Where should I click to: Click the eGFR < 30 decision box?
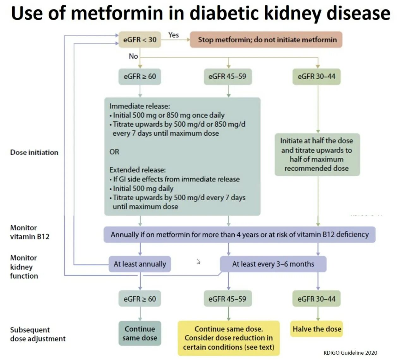[140, 40]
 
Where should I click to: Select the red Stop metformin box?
[266, 40]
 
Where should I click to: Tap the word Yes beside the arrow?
[173, 35]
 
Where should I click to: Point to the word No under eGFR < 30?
[133, 56]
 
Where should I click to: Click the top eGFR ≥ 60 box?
[140, 76]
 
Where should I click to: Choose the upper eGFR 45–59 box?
[227, 76]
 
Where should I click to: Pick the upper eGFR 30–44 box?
[317, 76]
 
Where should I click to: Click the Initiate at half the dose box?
[317, 155]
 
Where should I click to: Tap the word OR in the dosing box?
[114, 152]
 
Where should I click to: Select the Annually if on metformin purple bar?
[239, 234]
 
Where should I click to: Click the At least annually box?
[140, 264]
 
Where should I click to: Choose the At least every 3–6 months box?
[273, 264]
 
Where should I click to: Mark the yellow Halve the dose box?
[317, 329]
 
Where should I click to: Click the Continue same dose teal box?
[140, 333]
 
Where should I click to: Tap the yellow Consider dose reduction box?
[228, 338]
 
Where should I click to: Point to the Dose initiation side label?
[34, 152]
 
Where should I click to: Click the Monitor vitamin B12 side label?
[30, 232]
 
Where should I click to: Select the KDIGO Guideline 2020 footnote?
[350, 353]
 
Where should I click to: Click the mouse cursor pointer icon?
[198, 261]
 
